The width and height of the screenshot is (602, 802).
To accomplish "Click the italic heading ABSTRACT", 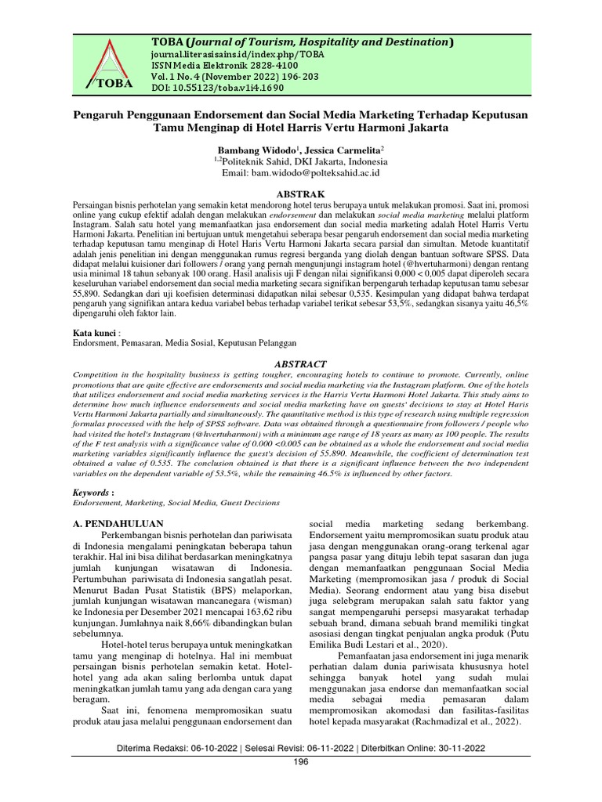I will (x=300, y=364).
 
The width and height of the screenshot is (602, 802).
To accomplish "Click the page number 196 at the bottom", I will (x=301, y=762).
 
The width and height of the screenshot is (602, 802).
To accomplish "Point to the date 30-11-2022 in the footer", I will (x=462, y=747).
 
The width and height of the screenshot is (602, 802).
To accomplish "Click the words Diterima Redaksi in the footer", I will (x=150, y=747).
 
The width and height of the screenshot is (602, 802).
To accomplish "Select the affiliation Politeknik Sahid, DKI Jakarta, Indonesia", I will (x=303, y=160).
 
